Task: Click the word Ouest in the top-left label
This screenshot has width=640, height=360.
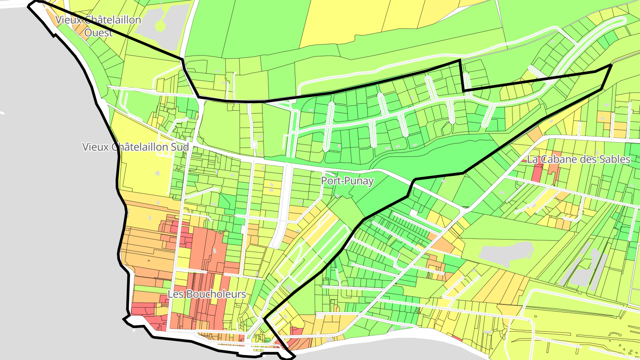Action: click(x=98, y=33)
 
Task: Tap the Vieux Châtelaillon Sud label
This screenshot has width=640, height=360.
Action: click(x=136, y=147)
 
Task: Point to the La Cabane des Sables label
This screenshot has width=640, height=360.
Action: click(x=579, y=160)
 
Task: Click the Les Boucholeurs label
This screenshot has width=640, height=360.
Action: click(x=207, y=294)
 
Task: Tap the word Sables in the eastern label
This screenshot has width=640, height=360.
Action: click(x=615, y=160)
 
